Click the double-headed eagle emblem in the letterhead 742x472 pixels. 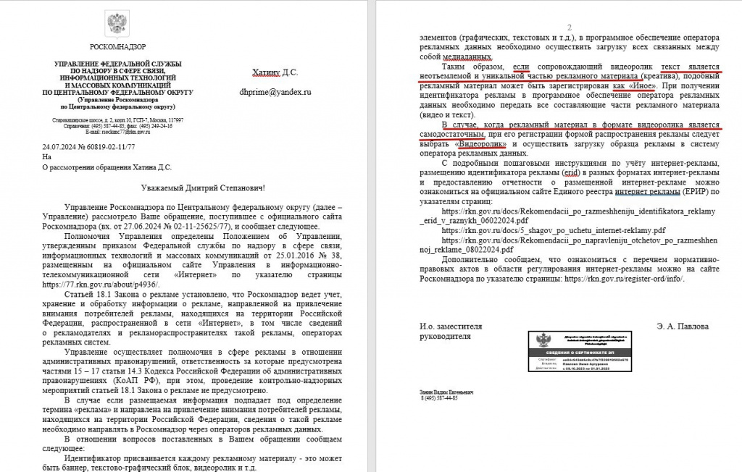pyautogui.click(x=117, y=25)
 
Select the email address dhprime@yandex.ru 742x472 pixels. pyautogui.click(x=275, y=93)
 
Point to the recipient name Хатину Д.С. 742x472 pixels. pyautogui.click(x=275, y=72)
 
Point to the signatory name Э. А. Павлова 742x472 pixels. pyautogui.click(x=683, y=326)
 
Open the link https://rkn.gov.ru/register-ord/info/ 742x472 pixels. pyautogui.click(x=622, y=278)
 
